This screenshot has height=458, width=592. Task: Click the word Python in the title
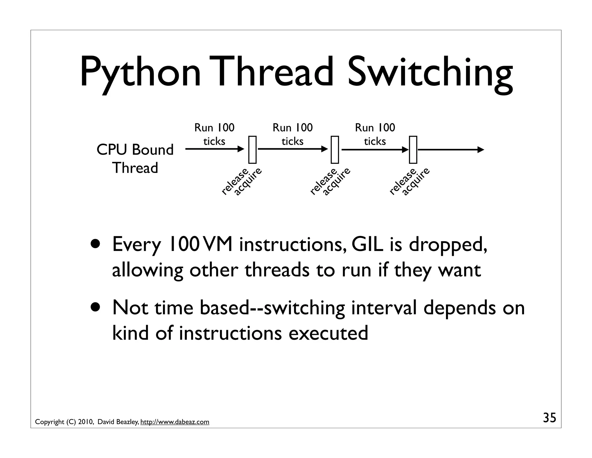click(x=140, y=72)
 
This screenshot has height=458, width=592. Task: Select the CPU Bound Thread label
click(x=135, y=159)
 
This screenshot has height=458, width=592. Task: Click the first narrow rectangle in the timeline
click(x=252, y=150)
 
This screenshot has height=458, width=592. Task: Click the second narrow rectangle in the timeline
click(x=335, y=150)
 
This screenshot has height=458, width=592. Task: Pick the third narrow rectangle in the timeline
click(x=413, y=150)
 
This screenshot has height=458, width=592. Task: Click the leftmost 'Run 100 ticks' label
click(x=214, y=134)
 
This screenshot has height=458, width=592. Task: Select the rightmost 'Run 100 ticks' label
click(x=375, y=134)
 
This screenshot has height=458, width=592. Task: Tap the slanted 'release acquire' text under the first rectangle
click(x=241, y=182)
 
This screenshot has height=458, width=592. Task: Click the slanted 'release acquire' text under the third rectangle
click(x=409, y=182)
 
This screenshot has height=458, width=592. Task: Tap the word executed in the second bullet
click(x=328, y=333)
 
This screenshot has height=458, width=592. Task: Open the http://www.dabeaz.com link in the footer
click(x=175, y=422)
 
